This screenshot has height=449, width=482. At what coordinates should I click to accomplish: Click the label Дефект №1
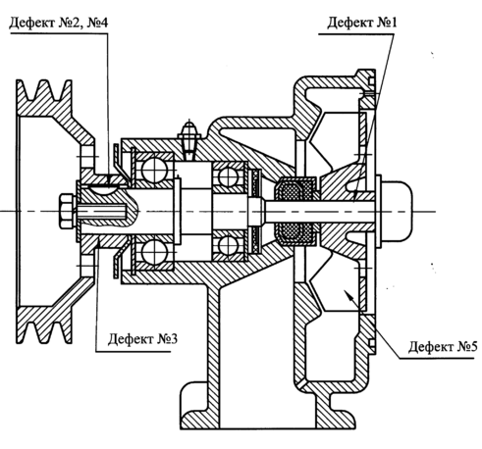click(x=362, y=23)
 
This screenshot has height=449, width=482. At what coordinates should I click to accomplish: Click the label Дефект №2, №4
click(x=59, y=23)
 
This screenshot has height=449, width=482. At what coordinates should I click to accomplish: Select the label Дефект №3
click(x=142, y=339)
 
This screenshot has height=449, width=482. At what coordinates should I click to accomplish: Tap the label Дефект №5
click(x=443, y=346)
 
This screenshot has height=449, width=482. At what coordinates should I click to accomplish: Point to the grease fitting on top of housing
click(x=188, y=140)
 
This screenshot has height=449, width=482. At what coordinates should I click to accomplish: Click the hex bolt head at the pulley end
click(x=68, y=211)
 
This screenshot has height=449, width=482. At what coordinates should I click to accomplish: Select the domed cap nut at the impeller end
click(x=397, y=211)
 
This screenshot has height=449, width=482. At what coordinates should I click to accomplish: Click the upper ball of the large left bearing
click(x=155, y=171)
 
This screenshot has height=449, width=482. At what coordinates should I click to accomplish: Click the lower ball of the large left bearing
click(x=155, y=252)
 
